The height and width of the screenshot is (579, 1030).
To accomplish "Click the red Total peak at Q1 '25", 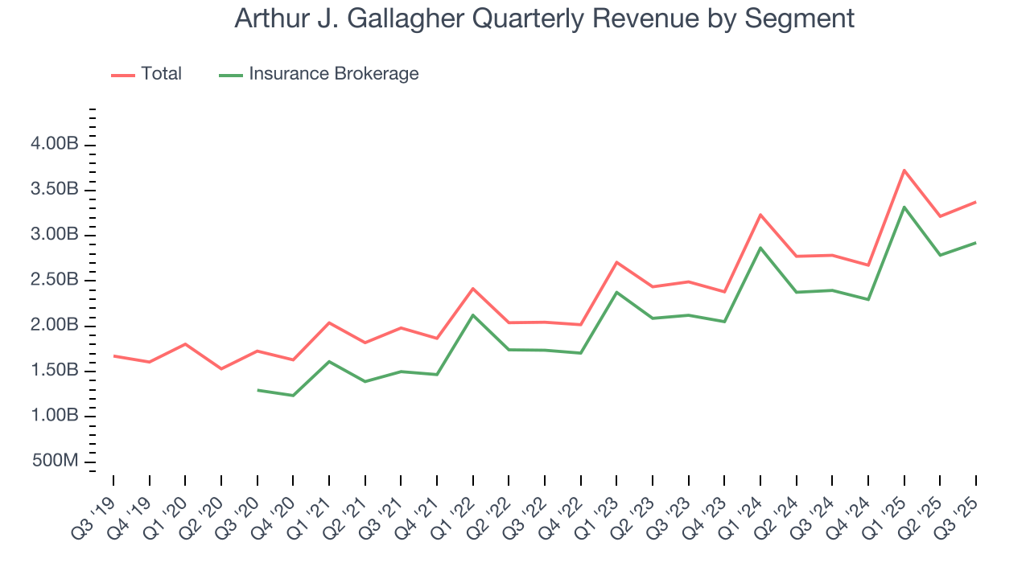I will coord(904,170).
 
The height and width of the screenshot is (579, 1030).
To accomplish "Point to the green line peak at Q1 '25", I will coord(904,207).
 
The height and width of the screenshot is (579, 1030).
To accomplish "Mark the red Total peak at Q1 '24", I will coord(760,215).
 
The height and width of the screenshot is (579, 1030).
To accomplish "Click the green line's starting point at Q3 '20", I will coord(257,390).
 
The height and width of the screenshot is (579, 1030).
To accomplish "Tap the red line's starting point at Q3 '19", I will coord(113,355).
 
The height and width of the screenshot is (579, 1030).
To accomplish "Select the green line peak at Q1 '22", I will coord(473,315).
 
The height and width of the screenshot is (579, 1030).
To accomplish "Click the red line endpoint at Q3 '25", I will coord(976,202).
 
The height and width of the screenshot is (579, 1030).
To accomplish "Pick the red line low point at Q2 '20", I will coord(221,368).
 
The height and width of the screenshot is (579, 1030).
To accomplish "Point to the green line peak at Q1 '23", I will coord(616,292).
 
